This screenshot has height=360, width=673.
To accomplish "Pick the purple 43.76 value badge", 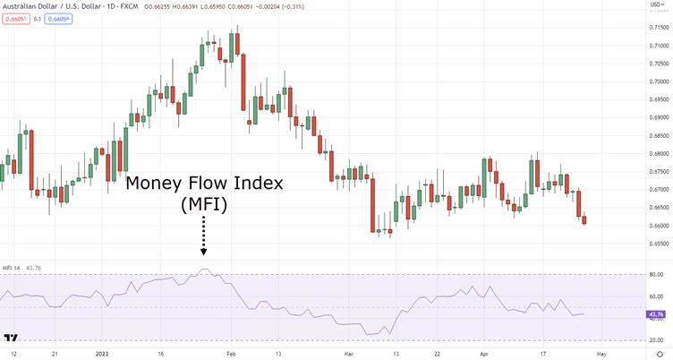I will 656,315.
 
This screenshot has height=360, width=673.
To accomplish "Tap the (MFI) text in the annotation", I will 204,205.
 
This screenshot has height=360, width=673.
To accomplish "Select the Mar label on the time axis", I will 349,354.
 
